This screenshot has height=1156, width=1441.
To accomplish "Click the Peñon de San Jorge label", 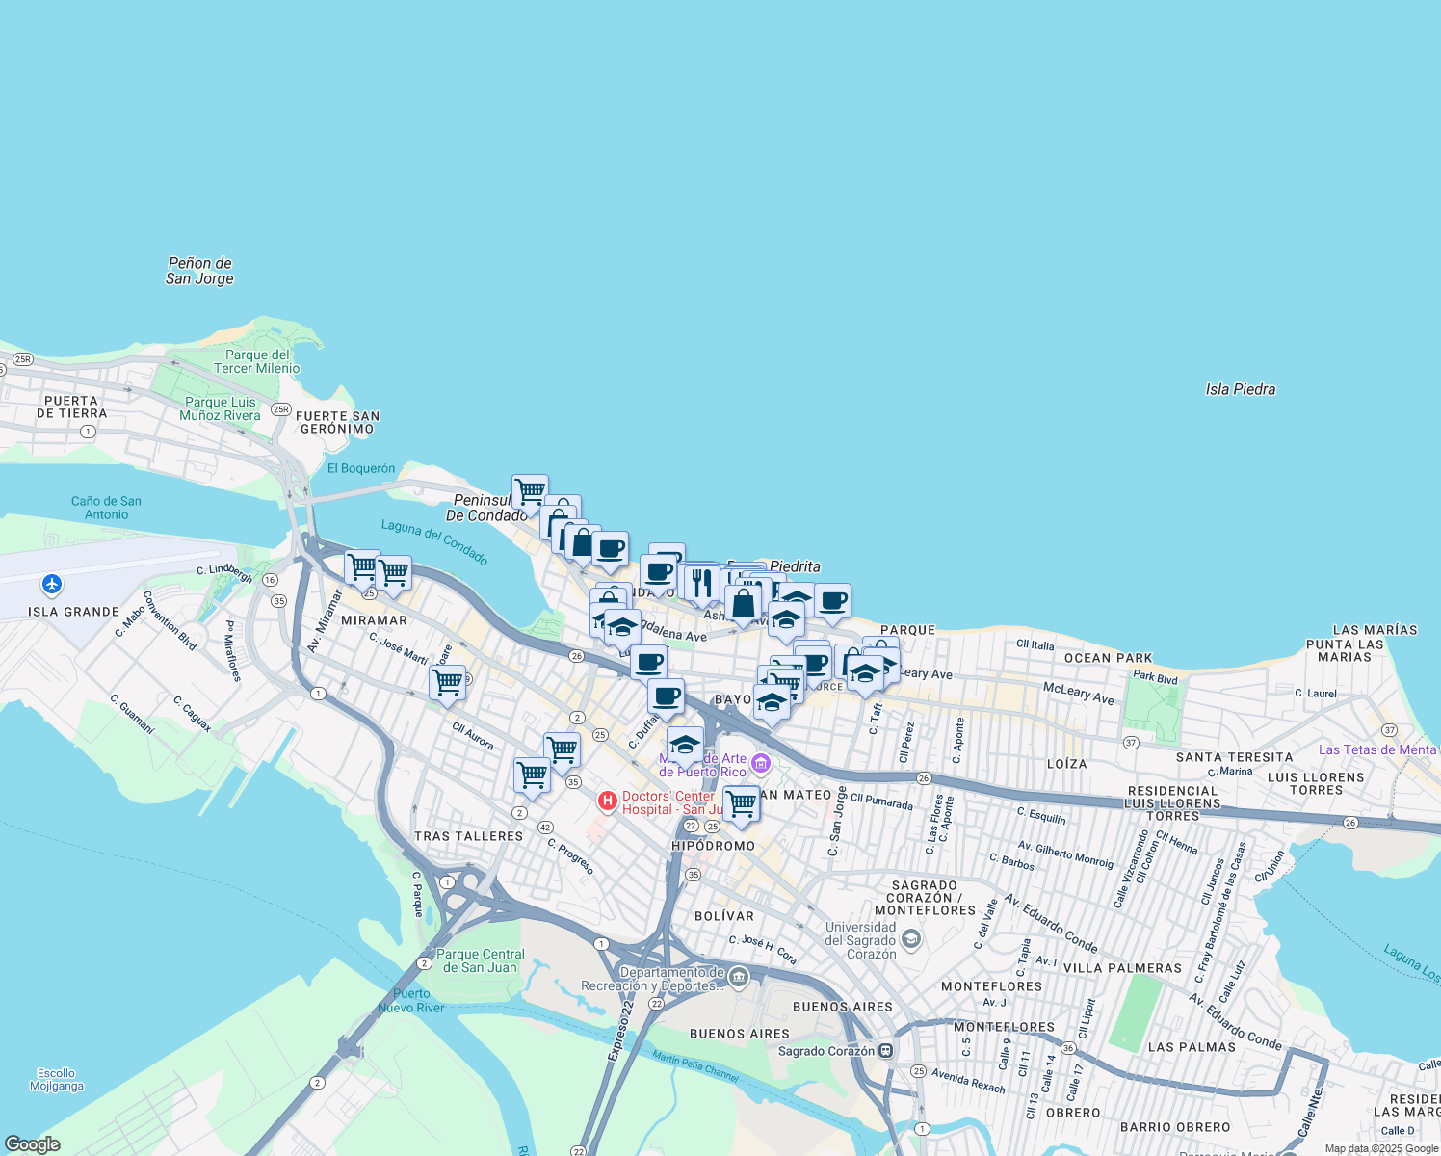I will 199,271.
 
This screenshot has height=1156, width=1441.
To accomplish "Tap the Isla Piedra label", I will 1240,389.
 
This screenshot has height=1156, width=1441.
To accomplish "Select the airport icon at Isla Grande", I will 52,585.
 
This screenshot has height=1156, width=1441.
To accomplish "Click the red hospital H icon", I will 608,801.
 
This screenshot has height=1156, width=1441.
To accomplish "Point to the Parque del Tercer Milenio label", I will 256,361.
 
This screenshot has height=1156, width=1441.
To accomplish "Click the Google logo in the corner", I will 33,1144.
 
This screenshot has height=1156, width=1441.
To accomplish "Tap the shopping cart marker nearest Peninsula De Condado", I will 530,492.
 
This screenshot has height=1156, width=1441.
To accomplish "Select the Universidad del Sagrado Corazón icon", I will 911,939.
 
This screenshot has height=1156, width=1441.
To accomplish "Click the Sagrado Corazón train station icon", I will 885,1051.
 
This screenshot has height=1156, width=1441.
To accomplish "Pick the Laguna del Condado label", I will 434,541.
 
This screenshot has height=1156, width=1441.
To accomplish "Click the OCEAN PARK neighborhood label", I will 1108,658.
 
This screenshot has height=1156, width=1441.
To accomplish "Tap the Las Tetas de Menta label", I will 1376,749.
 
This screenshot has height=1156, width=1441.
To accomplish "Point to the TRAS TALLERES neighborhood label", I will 468,836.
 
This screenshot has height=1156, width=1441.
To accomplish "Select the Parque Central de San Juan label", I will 480,960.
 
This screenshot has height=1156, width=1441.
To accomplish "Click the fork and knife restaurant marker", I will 701,582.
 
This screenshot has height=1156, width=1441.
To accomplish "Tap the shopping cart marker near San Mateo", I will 741,802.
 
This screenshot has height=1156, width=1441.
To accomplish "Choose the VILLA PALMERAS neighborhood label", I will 1121,968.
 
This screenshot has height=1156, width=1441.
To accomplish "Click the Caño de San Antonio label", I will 106,508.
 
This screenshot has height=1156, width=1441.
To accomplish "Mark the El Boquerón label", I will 361,468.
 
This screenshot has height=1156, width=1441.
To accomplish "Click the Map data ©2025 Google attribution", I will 1380,1148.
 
